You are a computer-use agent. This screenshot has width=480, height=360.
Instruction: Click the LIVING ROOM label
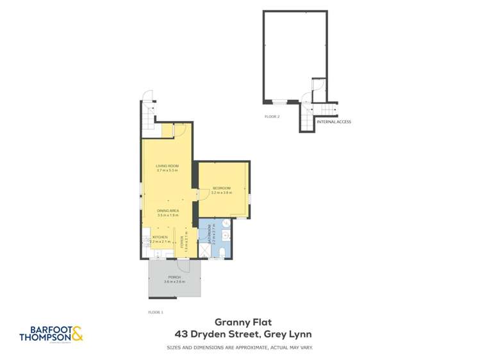167,166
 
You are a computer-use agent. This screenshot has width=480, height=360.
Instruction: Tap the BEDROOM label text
222,188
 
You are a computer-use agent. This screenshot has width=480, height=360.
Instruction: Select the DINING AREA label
167,211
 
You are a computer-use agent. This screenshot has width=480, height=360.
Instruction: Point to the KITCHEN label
160,237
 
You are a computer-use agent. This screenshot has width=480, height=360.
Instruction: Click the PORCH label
174,277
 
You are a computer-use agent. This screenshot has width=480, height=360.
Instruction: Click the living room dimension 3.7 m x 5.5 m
167,170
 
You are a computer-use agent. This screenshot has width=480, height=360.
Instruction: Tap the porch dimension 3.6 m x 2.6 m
174,282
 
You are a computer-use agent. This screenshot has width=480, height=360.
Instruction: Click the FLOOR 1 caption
156,312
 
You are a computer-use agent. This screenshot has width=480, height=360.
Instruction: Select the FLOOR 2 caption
272,117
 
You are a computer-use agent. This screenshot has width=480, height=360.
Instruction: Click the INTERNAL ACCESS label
334,122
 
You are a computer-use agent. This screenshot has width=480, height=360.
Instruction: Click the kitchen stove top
146,240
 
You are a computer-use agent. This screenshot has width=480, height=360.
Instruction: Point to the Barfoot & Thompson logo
51,334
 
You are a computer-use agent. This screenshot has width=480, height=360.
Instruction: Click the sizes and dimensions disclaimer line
240,348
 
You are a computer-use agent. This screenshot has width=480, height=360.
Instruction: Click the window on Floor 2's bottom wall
279,102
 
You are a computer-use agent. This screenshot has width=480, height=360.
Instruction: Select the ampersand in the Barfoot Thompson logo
77,333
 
